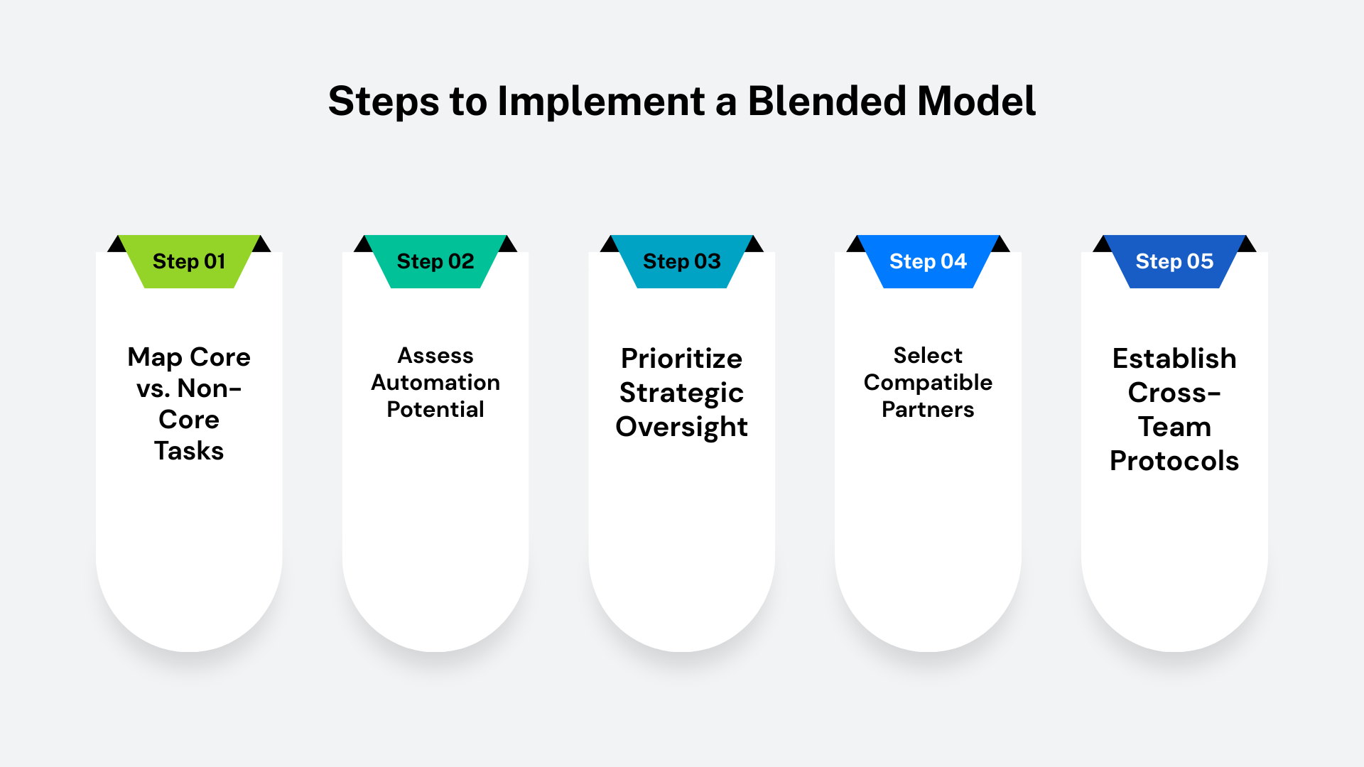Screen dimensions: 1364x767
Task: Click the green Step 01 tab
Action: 189,261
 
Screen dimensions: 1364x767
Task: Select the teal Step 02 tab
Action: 435,261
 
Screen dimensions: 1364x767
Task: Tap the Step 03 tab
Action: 682,261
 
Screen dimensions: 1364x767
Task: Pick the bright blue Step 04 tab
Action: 928,261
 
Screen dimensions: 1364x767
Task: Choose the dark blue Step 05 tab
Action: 1174,261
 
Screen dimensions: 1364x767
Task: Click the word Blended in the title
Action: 827,101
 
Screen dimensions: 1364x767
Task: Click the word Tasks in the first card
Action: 189,451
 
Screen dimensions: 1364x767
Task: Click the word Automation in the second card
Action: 435,382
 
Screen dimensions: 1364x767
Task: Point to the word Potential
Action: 435,409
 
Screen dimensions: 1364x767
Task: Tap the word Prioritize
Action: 682,359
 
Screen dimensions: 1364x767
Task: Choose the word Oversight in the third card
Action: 682,428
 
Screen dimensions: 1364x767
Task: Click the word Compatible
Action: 928,383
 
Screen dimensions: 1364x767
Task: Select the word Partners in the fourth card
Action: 928,410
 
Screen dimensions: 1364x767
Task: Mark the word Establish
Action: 1174,359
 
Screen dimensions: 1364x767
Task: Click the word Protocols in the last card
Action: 1174,461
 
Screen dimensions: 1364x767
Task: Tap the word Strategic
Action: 682,393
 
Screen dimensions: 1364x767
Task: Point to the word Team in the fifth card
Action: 1174,427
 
